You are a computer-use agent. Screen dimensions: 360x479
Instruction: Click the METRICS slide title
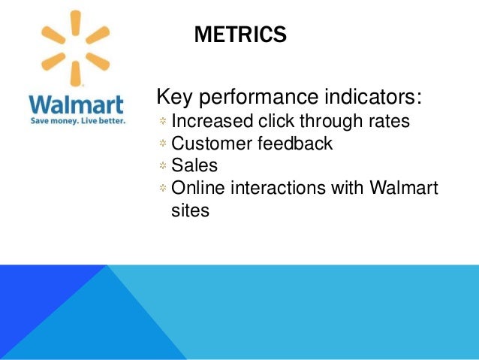click(239, 35)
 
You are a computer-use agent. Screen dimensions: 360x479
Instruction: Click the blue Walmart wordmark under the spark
click(76, 103)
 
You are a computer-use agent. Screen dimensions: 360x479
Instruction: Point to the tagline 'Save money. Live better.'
click(77, 119)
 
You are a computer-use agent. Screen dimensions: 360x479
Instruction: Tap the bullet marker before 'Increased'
click(162, 121)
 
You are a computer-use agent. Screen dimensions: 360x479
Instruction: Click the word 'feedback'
click(294, 143)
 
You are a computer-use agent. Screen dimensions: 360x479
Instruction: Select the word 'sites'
click(190, 210)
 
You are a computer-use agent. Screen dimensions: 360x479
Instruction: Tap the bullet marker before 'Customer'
click(162, 144)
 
